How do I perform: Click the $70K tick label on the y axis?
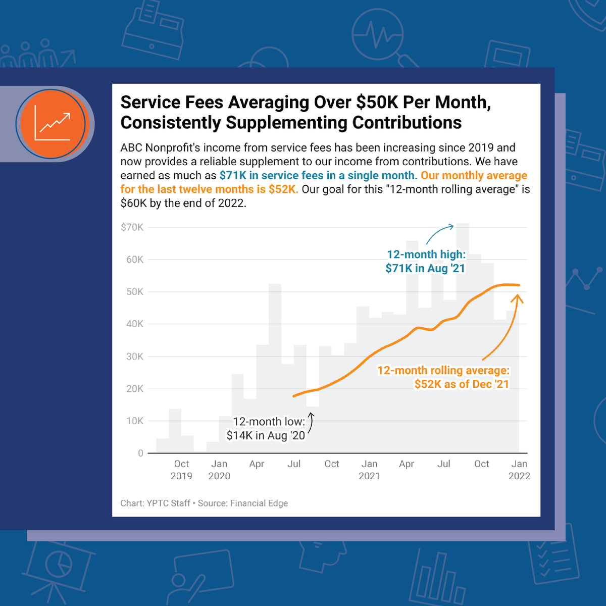click(x=132, y=227)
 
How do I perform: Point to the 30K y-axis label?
click(x=134, y=357)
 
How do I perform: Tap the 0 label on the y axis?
click(x=140, y=453)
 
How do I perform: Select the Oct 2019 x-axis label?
click(x=181, y=470)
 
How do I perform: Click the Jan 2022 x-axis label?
click(x=519, y=470)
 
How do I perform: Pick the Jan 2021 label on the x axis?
click(x=369, y=470)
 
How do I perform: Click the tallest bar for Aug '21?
click(x=463, y=338)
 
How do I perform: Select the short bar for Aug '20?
click(x=313, y=429)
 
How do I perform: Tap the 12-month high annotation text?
click(x=425, y=262)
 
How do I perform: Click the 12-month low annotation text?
click(x=266, y=428)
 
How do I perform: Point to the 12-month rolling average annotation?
click(x=443, y=377)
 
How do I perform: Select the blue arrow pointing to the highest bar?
click(x=440, y=234)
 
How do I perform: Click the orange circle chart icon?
click(x=53, y=124)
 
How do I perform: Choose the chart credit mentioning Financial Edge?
click(x=204, y=503)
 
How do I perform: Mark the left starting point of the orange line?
click(x=294, y=396)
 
